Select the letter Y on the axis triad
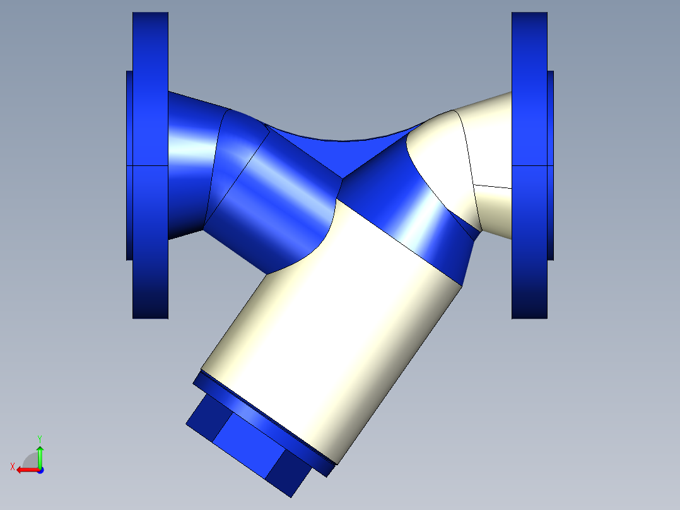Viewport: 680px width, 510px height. (x=39, y=438)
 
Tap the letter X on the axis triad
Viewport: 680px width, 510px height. (x=12, y=466)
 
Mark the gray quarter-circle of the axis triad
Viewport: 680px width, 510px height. (x=31, y=461)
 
